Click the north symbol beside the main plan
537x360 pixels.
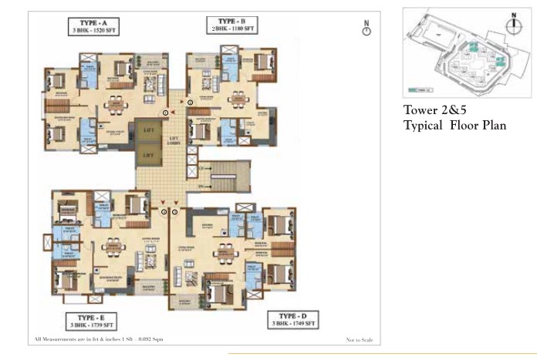tap(366, 29)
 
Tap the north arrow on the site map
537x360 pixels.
tap(510, 24)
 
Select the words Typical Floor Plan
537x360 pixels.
tap(454, 125)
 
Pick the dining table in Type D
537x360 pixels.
tap(224, 251)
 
